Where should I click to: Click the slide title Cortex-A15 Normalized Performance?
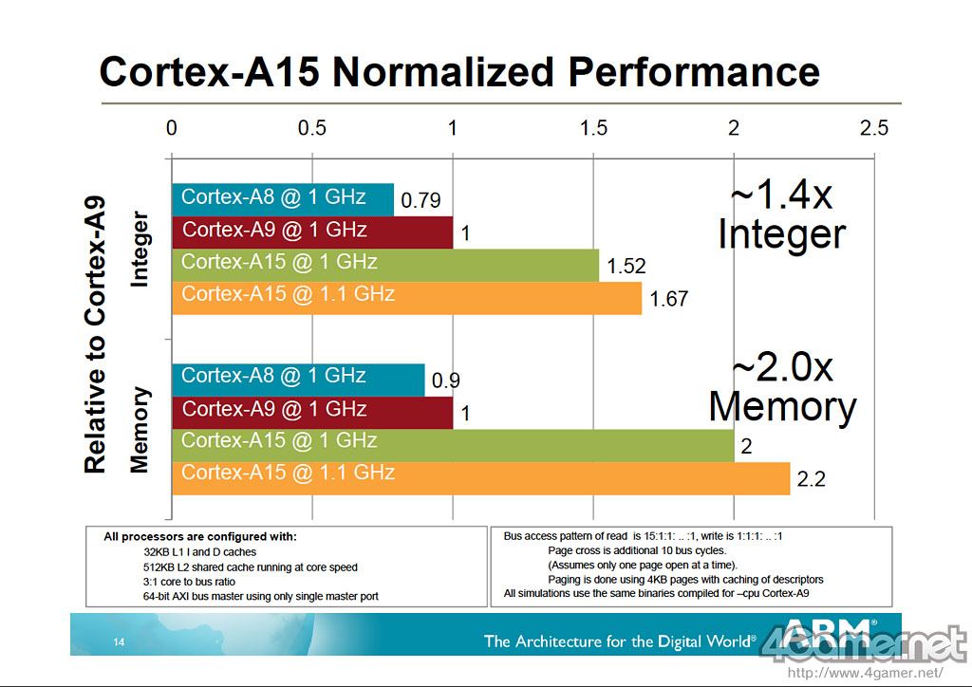pos(459,73)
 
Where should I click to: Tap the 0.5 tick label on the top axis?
pos(312,129)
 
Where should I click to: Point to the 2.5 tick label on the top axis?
pos(873,129)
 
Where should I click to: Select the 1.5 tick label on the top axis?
pos(593,129)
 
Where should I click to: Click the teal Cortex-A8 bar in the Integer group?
pos(282,198)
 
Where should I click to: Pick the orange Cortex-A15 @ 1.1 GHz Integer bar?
pos(406,295)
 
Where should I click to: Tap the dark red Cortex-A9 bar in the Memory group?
pos(312,409)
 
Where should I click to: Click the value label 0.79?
pos(420,201)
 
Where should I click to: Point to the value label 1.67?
pos(668,300)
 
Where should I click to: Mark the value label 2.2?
pos(811,480)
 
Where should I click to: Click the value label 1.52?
pos(626,268)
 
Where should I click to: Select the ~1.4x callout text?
pos(780,196)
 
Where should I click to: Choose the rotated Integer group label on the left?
pos(139,251)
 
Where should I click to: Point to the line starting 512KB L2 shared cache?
pos(251,567)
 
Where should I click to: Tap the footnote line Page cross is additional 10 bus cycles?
pos(637,550)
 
